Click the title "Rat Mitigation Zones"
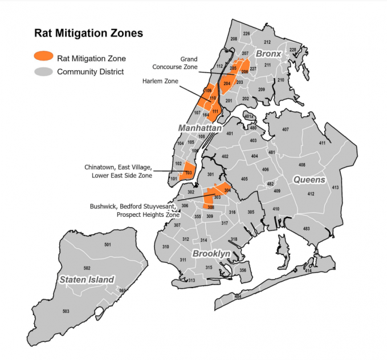coord(88,33)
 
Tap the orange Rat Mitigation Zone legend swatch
coord(43,57)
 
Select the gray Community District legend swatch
coord(43,72)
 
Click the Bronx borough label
coord(268,54)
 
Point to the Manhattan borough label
coord(199,129)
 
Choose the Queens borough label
coord(309,180)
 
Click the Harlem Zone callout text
coord(160,82)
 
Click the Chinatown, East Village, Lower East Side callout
coord(118,171)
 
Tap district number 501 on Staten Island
coord(107,245)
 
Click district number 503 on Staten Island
coord(66,311)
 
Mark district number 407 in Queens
coord(285,130)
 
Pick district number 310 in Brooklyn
coord(166,247)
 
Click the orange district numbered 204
coord(226,84)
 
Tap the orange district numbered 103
coord(188,172)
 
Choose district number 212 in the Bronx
coord(267,42)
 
